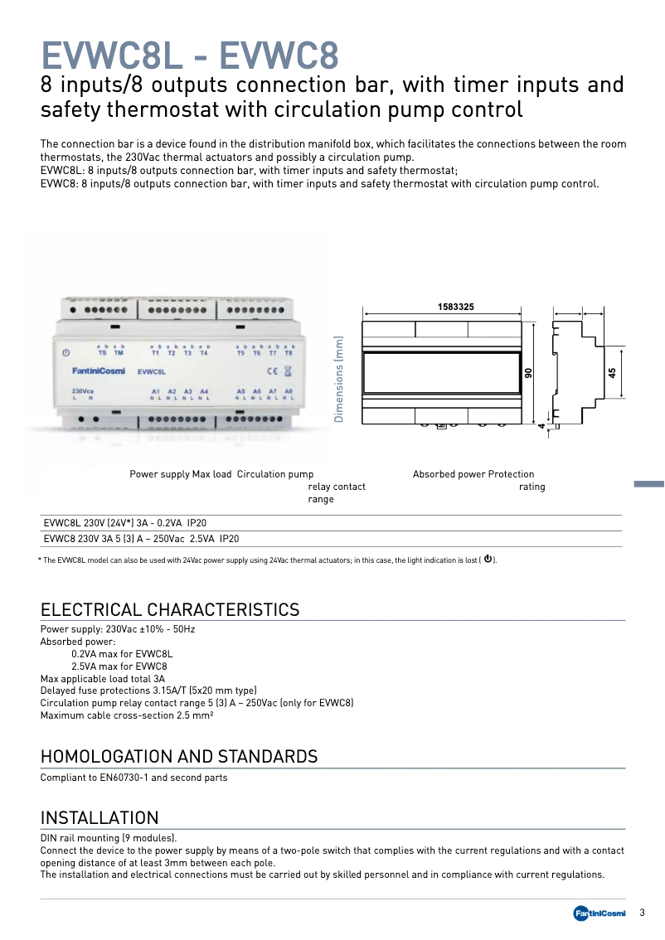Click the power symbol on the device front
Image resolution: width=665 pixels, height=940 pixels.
(66, 352)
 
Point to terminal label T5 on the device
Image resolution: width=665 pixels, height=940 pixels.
(241, 353)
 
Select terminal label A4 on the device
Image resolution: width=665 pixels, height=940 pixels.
(204, 391)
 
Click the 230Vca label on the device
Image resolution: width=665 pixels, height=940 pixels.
(82, 391)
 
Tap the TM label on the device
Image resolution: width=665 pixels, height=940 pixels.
(119, 353)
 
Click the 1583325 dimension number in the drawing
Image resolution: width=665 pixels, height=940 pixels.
(455, 307)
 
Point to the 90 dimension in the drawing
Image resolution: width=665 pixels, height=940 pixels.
(527, 373)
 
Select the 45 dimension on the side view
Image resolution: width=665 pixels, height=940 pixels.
(613, 373)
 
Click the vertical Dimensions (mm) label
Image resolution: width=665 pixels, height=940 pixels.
(338, 379)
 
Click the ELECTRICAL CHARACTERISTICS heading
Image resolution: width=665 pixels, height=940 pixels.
(170, 610)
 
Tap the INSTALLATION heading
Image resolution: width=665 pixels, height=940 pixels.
(100, 819)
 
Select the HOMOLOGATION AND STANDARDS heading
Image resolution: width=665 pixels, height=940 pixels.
(179, 756)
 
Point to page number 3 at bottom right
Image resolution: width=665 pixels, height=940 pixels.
(642, 913)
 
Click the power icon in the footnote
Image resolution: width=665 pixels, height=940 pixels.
(488, 560)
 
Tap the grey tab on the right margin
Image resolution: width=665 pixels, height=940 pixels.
(649, 484)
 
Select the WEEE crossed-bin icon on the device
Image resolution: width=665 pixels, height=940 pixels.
(288, 371)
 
